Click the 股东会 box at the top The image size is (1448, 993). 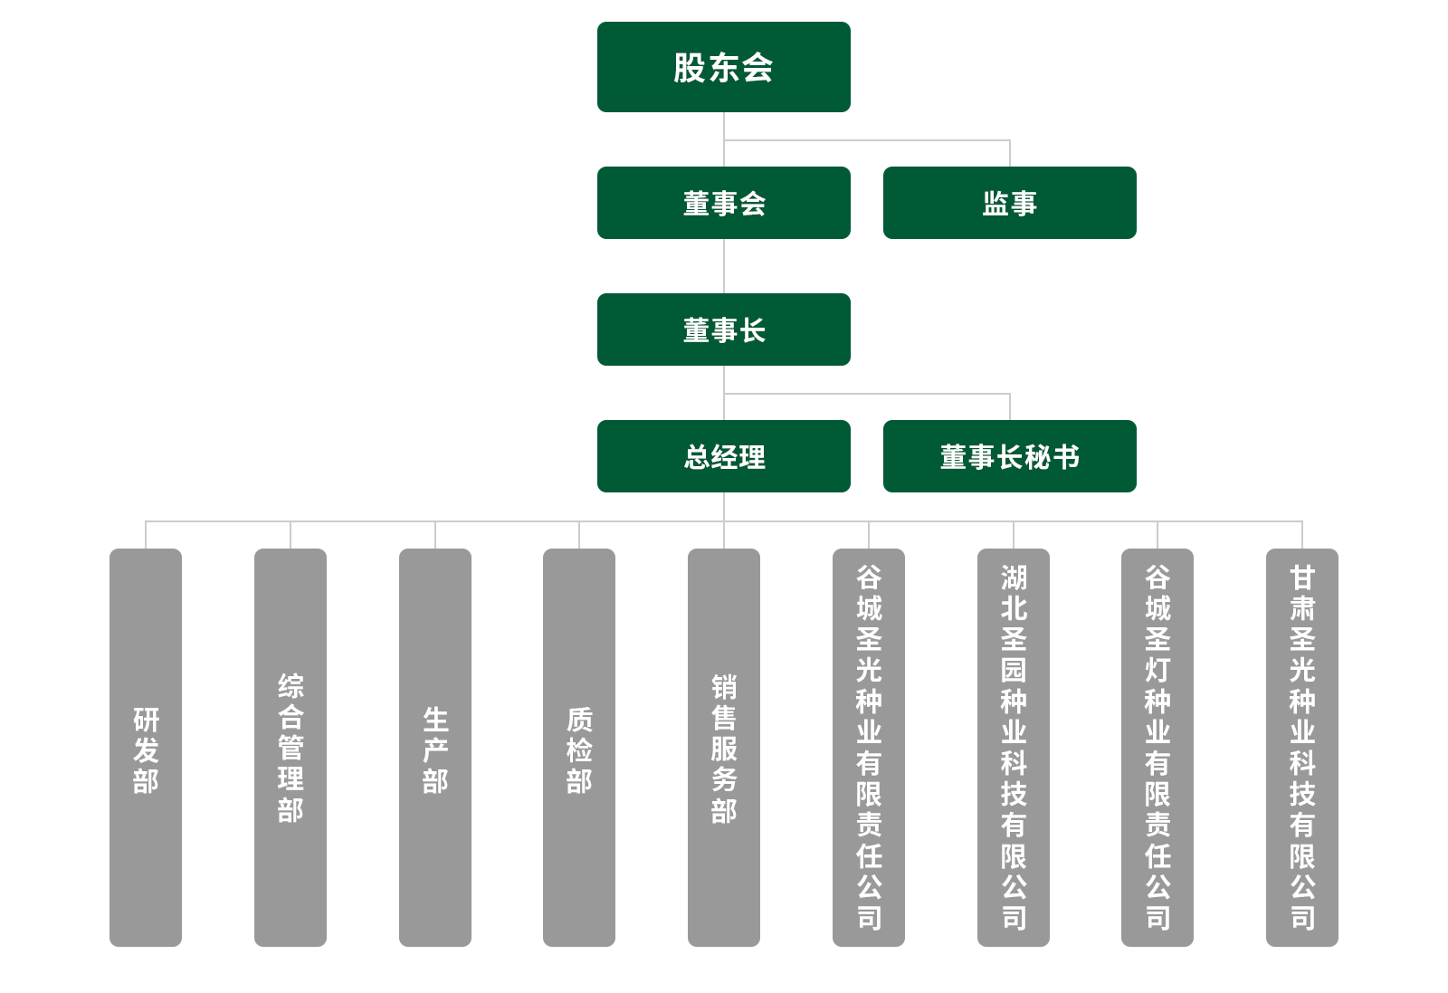tap(723, 67)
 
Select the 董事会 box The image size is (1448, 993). tap(723, 203)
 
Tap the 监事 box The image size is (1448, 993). tap(1009, 203)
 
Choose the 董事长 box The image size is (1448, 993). tap(723, 329)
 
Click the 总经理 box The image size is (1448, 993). tap(723, 456)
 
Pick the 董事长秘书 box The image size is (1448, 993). tap(1009, 456)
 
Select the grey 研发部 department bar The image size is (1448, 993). tap(146, 748)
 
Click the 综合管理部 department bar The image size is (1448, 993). tap(291, 748)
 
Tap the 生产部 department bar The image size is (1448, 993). tap(435, 748)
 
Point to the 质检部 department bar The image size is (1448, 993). tap(579, 748)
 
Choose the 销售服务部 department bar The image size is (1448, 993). tap(724, 748)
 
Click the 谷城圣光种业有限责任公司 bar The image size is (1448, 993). tap(869, 748)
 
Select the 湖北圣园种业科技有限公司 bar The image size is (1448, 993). tap(1014, 748)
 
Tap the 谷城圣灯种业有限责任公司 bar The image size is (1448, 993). tap(1157, 748)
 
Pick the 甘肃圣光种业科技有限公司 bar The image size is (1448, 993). tap(1302, 748)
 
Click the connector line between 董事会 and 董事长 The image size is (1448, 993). tap(724, 266)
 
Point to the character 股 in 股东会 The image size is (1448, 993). tap(690, 68)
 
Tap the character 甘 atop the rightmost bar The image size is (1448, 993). tap(1302, 577)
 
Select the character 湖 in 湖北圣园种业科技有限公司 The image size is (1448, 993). tap(1014, 577)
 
